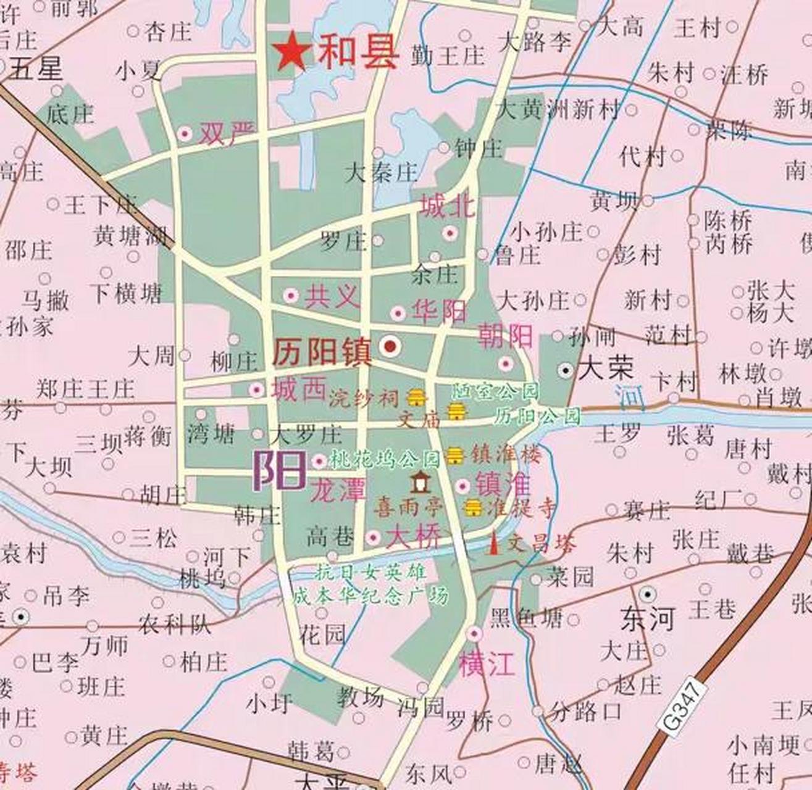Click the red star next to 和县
(x=291, y=52)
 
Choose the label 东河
(x=648, y=619)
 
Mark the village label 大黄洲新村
(x=558, y=110)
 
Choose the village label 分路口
(x=585, y=712)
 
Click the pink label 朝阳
(x=505, y=336)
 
